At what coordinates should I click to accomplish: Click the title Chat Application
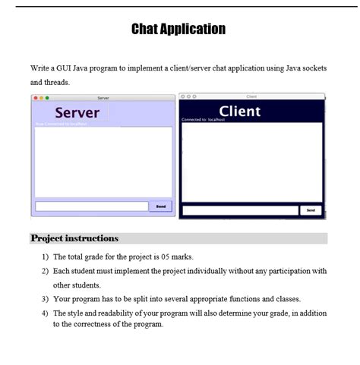click(x=178, y=30)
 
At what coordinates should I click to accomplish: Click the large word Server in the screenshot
click(x=77, y=112)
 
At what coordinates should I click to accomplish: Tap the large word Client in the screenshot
click(x=239, y=112)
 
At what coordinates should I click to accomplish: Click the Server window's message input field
click(x=91, y=206)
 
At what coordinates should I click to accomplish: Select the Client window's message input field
click(x=240, y=210)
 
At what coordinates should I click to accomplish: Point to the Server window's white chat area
click(x=103, y=162)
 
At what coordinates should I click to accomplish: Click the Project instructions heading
click(x=74, y=238)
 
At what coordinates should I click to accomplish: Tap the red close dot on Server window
click(x=36, y=98)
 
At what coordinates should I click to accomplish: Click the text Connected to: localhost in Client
click(x=201, y=120)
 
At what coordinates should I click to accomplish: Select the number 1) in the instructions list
click(x=45, y=256)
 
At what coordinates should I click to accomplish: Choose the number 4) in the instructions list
click(x=45, y=313)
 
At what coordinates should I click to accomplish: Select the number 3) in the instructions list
click(x=45, y=299)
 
